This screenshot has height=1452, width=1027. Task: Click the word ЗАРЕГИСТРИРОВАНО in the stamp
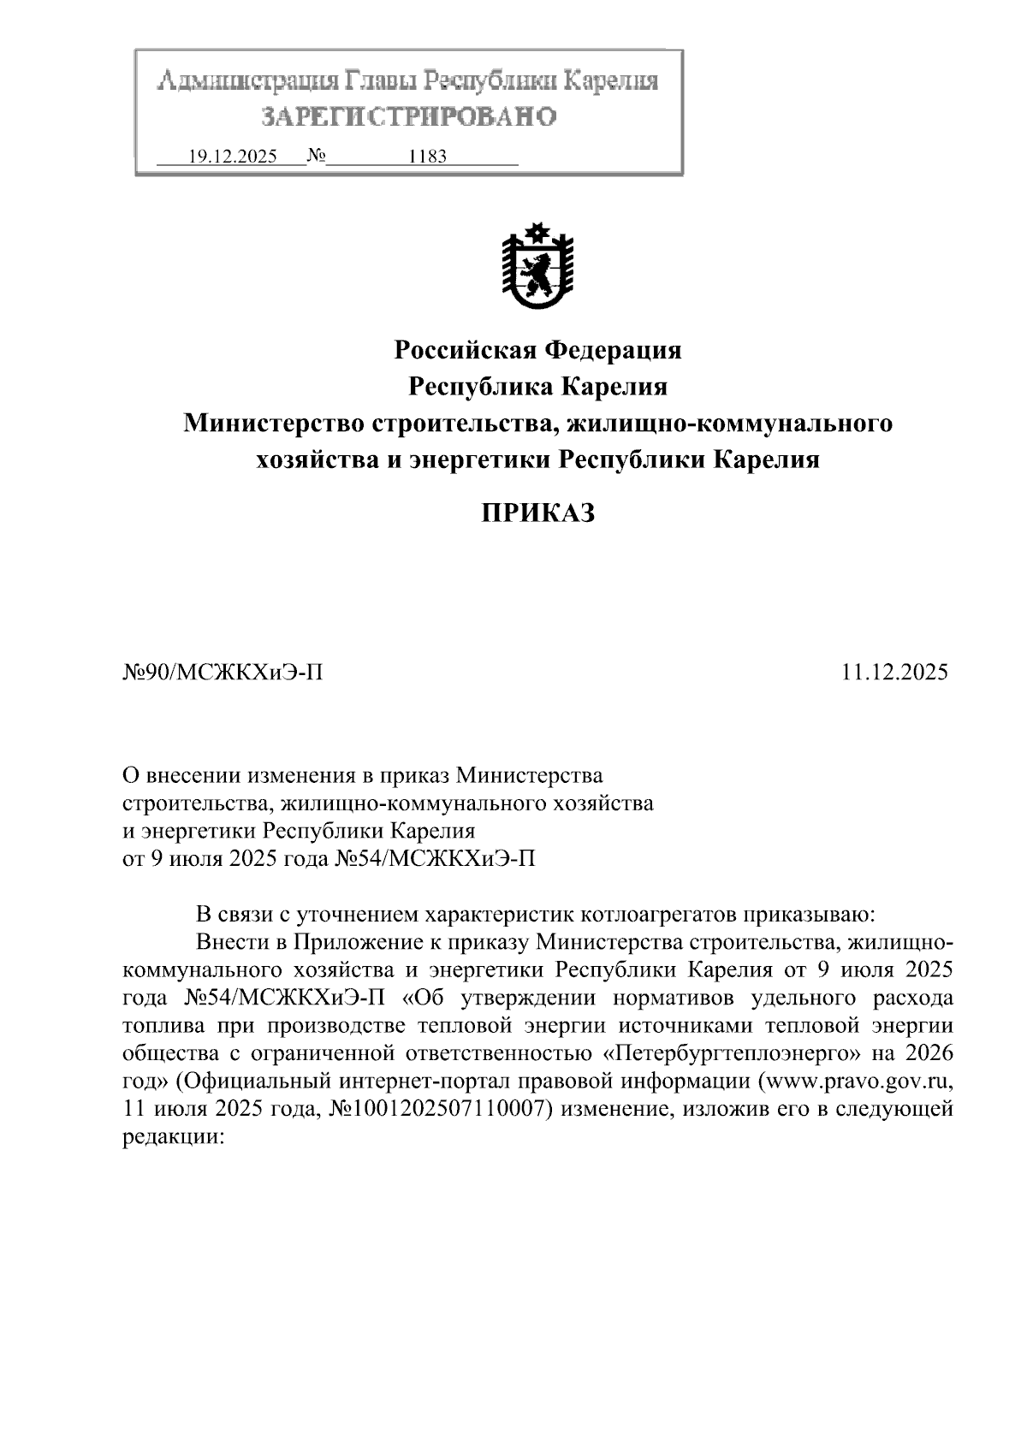[x=408, y=116]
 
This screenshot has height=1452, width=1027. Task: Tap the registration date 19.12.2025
[x=232, y=157]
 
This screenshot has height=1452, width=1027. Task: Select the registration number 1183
[x=428, y=157]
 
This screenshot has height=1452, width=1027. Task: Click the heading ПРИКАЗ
[x=537, y=513]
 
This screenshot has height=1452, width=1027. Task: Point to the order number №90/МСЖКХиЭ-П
[x=223, y=672]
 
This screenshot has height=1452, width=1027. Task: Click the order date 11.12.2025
[x=893, y=672]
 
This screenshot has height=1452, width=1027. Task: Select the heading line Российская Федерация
[x=537, y=350]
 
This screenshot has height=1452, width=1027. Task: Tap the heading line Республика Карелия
[x=537, y=387]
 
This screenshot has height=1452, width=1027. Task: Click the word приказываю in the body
[x=810, y=914]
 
